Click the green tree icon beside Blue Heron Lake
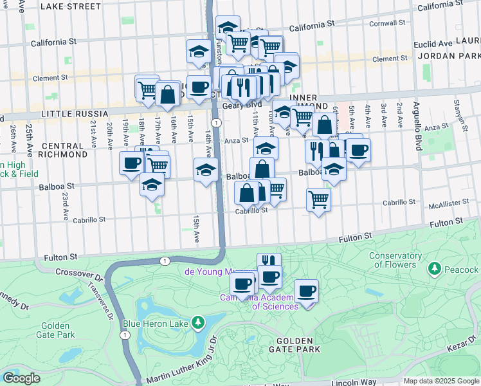199,321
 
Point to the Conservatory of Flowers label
395,260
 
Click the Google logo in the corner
21,378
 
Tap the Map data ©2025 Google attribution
441,381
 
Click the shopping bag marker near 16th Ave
168,95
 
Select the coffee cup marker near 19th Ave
132,163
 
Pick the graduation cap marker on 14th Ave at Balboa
205,170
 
